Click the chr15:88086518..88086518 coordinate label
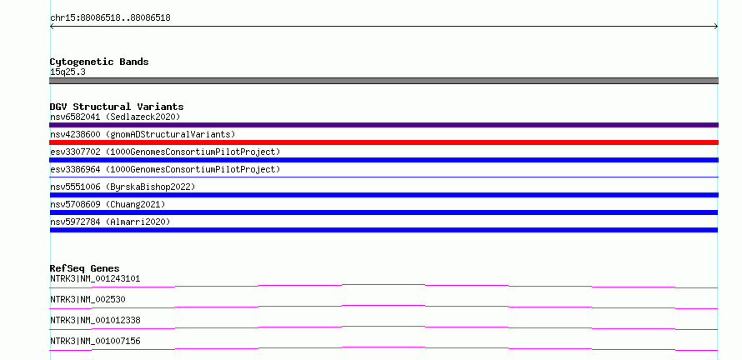pos(110,18)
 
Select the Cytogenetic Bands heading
pos(99,62)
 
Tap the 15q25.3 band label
pos(68,72)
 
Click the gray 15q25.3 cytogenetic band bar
pos(384,81)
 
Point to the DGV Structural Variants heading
pos(117,107)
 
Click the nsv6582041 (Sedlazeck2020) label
pos(115,117)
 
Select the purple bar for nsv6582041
pos(384,125)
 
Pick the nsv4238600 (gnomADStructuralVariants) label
pos(143,134)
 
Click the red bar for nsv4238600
pos(384,142)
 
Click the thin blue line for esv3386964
pos(384,177)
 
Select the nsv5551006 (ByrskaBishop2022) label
pos(123,187)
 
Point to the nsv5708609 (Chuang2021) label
pos(108,204)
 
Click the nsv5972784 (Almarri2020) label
pos(110,222)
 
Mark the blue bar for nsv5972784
pos(384,230)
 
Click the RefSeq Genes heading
pos(85,268)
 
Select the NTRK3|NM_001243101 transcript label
pos(95,278)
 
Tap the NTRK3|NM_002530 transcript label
pos(88,299)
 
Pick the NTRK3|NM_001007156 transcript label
pos(95,341)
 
